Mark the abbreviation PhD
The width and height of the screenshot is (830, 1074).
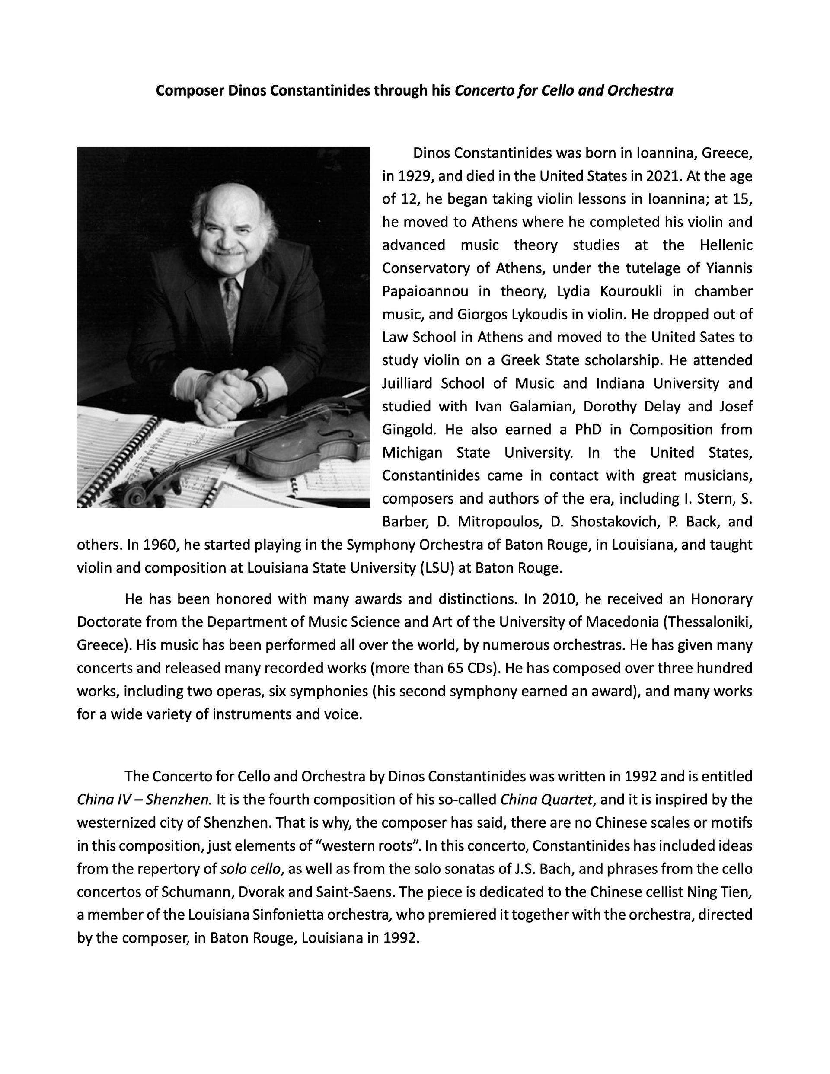pos(588,429)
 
